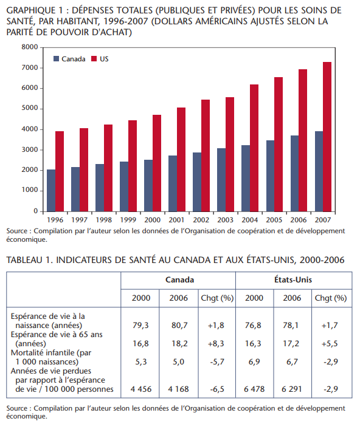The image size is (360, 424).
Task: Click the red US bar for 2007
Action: point(327,137)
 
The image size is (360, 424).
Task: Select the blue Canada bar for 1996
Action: point(51,190)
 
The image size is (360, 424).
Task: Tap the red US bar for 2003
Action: point(230,154)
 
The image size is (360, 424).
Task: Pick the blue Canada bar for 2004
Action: point(246,178)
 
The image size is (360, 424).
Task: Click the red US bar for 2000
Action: point(157,163)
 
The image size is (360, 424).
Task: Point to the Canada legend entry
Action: point(69,59)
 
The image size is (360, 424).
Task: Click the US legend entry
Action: point(100,59)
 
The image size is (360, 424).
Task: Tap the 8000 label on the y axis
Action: point(30,47)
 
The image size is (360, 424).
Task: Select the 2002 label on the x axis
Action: point(201,220)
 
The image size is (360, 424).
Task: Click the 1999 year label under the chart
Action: point(128,220)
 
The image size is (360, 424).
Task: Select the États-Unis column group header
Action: point(293,279)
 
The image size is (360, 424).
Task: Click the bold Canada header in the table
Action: point(180,279)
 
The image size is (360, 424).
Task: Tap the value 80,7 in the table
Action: point(179,326)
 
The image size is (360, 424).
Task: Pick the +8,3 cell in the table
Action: point(216,343)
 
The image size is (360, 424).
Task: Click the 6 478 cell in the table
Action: point(254,389)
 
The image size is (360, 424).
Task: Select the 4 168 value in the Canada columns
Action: point(178,389)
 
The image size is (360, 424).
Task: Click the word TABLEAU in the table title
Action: point(25,260)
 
